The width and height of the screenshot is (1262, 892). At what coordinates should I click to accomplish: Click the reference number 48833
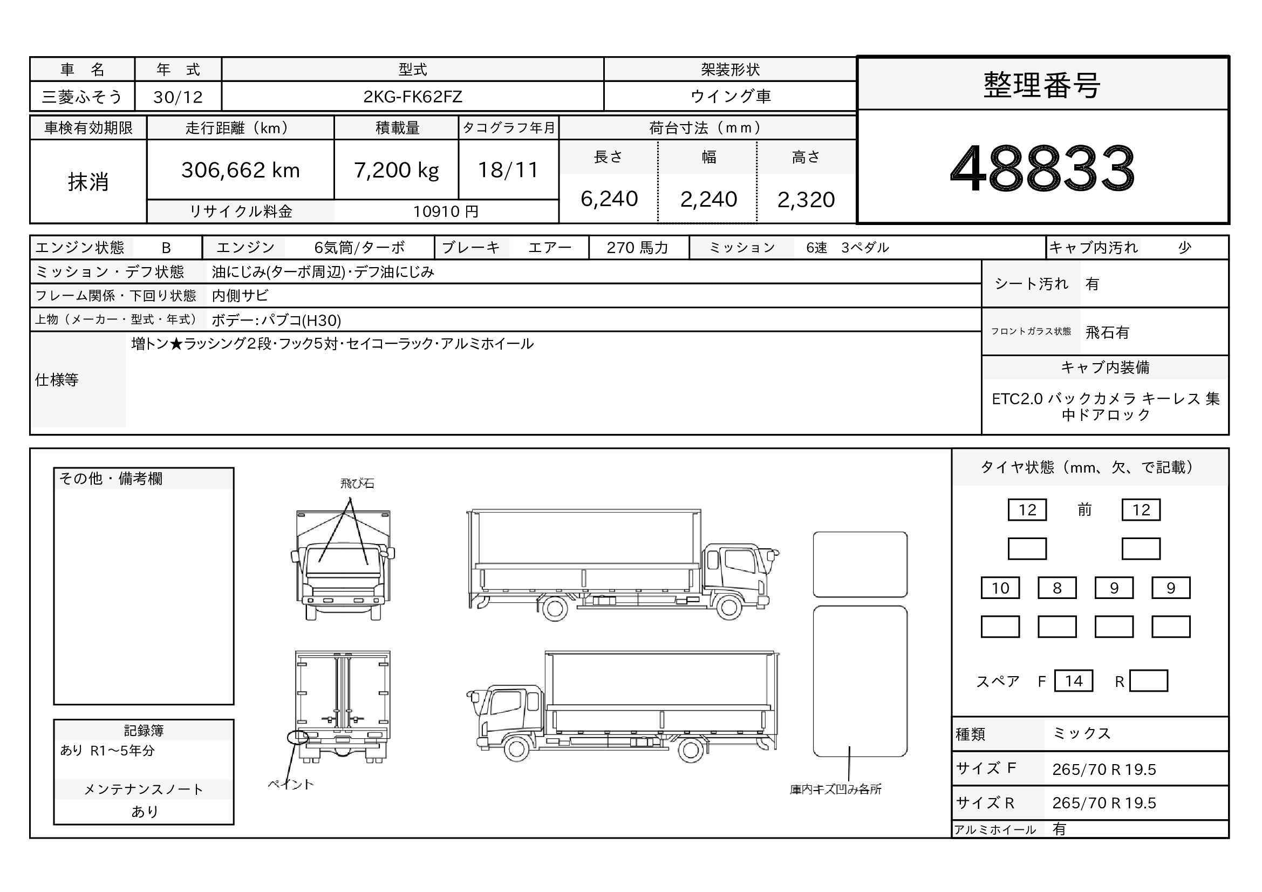point(1042,168)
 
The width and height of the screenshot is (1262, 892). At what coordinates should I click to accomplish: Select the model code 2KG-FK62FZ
point(412,97)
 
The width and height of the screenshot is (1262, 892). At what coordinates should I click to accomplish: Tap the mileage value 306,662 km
point(240,170)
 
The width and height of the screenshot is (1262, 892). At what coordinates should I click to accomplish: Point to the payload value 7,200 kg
point(397,171)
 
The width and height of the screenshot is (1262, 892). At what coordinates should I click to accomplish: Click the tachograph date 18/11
point(508,170)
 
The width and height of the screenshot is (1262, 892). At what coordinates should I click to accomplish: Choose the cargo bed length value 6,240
point(609,199)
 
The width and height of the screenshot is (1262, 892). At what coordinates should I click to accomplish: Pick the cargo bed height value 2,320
point(806,200)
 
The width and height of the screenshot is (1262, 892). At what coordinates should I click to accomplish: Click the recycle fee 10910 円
point(446,212)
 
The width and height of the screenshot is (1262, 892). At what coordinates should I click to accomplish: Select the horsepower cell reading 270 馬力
point(638,248)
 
